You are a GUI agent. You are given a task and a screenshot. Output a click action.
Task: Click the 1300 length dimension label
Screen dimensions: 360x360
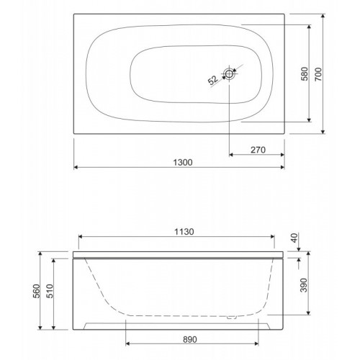point(183,163)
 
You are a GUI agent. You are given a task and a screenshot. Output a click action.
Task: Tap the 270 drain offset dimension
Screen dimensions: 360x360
point(258,150)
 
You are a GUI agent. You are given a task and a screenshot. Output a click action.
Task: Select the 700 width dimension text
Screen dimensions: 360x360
point(318,74)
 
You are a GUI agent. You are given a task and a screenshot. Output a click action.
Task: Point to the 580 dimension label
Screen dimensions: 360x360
point(305,74)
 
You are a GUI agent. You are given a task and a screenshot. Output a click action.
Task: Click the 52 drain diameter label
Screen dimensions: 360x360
point(212,80)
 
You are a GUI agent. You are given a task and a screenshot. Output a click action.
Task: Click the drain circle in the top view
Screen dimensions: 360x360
point(229,73)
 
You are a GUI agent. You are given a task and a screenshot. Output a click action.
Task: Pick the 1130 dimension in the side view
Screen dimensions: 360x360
point(184,232)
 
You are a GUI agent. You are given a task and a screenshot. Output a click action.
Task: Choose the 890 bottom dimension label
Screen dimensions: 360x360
point(190,340)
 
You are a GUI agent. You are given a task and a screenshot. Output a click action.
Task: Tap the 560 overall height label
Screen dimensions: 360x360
point(37,291)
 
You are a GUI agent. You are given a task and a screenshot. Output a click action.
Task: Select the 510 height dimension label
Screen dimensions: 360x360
point(50,291)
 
